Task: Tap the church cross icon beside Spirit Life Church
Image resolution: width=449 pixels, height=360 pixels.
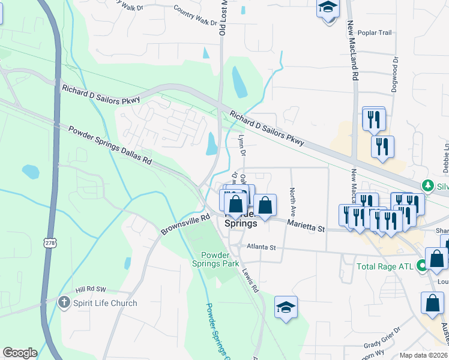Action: point(65,303)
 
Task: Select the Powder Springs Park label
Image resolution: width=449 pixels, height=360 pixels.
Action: point(215,259)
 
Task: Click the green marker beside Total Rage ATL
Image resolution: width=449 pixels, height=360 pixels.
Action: point(423,265)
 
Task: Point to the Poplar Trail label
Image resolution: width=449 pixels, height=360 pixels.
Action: point(374,33)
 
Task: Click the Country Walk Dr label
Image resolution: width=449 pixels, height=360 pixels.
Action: point(195,16)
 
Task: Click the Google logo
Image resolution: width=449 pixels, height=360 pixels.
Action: point(20,353)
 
